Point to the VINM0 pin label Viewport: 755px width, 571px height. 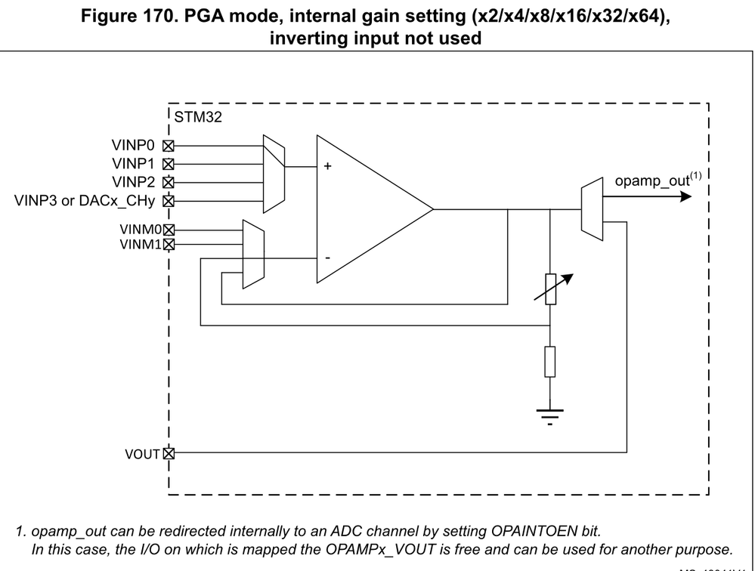[141, 229]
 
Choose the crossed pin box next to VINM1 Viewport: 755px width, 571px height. [169, 244]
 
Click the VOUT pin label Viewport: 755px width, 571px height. [142, 454]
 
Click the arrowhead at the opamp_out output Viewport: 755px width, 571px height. [685, 196]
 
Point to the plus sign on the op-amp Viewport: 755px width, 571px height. [327, 167]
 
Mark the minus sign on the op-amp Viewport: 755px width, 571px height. [327, 258]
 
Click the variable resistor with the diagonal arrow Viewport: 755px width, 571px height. [551, 289]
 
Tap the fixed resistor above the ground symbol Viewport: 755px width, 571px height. [550, 361]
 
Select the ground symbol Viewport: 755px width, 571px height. [550, 414]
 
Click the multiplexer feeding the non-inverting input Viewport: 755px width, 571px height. [272, 174]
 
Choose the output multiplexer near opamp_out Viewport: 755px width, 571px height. [592, 209]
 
